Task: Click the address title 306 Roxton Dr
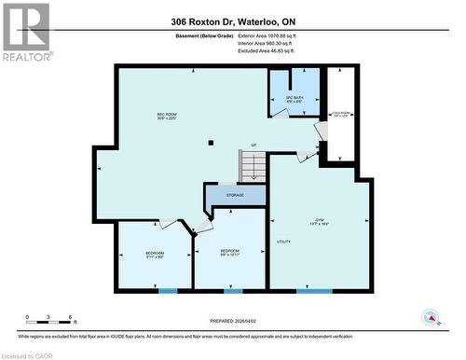pos(232,21)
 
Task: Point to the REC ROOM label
pos(167,116)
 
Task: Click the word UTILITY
pos(284,242)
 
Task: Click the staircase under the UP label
pos(254,167)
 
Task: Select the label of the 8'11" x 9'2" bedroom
pos(154,256)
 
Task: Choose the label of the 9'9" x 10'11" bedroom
pos(231,252)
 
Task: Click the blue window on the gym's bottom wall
pos(314,291)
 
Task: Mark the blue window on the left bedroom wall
pos(167,291)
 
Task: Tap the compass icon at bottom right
pos(432,318)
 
